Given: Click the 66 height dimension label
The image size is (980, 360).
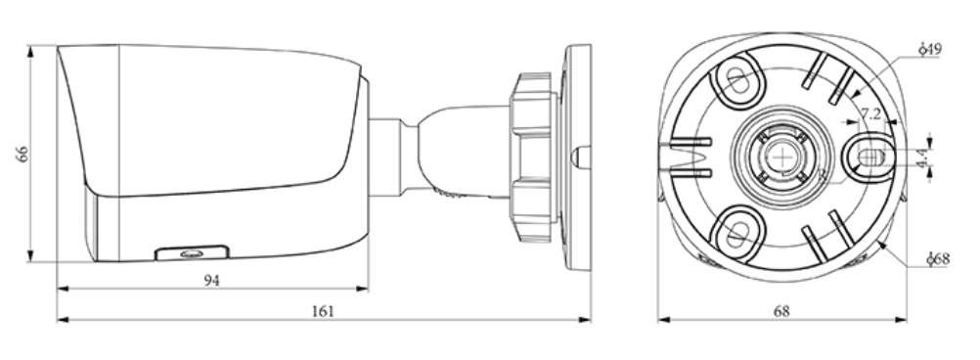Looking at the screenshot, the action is pos(22,154).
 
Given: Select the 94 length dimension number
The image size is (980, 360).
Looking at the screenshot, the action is pos(212,281).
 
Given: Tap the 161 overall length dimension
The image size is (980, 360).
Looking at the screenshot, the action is pos(323,311).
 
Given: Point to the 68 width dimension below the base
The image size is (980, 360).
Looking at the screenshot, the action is pos(781,311).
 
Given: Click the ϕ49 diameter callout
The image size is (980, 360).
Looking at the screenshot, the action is pos(931,49).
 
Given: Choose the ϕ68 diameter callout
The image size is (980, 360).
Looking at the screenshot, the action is pos(938,258).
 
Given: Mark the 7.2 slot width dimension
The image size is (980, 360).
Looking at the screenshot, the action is pos(870,113).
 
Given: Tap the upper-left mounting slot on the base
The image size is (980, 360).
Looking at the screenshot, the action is pos(738,80).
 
